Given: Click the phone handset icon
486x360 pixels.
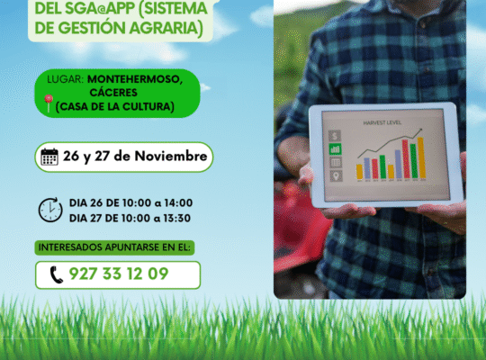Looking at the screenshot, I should [x=57, y=274].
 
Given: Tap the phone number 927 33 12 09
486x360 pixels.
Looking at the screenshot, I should [x=118, y=274].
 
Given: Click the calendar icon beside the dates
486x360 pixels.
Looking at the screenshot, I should [x=50, y=157].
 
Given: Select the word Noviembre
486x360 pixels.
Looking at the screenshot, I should [x=173, y=157].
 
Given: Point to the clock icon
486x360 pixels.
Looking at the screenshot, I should [x=50, y=210].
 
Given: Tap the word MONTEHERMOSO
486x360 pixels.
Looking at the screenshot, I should [x=135, y=79].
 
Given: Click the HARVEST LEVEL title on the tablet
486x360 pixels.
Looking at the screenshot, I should [x=382, y=121].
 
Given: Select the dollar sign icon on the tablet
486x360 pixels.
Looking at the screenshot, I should [x=336, y=134].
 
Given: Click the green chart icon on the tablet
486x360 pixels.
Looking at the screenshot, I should [x=336, y=162].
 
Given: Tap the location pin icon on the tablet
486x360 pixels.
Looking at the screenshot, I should [x=336, y=175].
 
